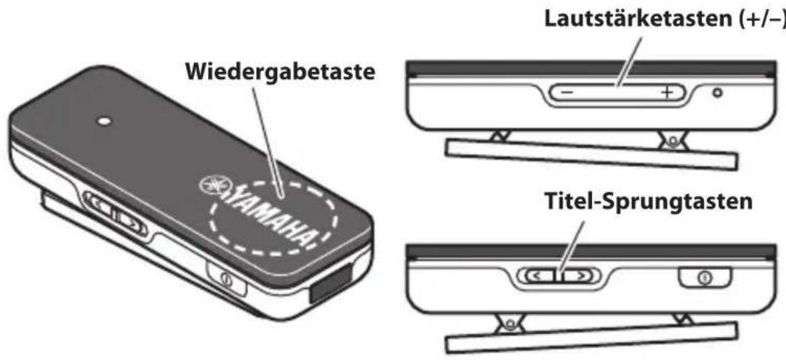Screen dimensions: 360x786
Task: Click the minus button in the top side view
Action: [566, 93]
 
